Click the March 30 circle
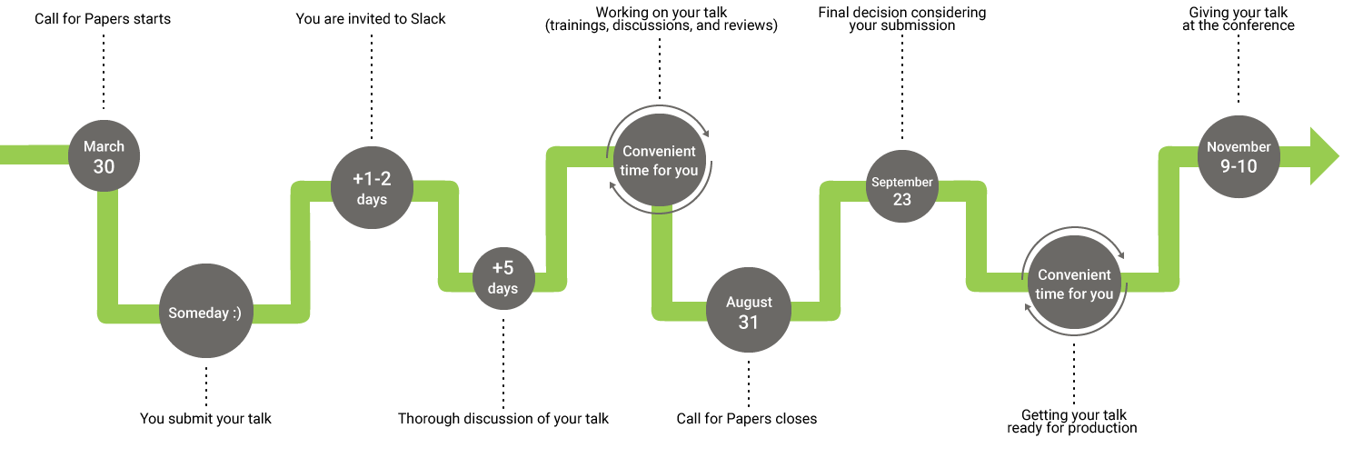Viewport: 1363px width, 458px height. point(104,156)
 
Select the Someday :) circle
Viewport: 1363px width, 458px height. point(205,312)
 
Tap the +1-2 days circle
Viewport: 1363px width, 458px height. point(372,187)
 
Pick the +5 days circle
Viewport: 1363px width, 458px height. point(502,278)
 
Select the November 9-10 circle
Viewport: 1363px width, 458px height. point(1239,156)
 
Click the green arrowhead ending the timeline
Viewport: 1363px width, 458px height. point(1324,155)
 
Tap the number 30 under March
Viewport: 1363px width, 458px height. point(104,166)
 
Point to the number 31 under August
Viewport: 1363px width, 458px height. point(749,322)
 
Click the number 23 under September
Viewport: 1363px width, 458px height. point(901,199)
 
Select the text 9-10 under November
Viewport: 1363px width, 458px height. point(1239,166)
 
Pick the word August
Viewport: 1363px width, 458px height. point(749,302)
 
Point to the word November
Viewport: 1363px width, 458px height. point(1239,147)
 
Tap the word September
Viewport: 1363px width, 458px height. point(901,182)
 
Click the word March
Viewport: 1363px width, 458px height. point(104,146)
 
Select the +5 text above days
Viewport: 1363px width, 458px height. point(502,268)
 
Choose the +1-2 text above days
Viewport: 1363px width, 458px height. point(372,178)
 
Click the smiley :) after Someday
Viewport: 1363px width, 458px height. point(236,313)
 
